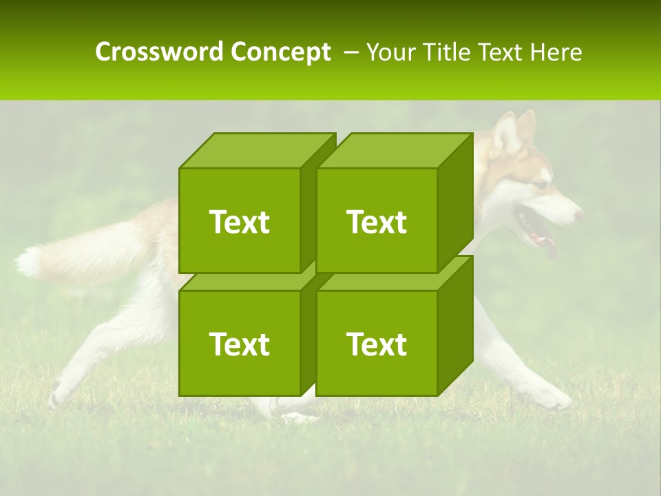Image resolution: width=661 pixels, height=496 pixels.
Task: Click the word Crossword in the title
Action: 160,52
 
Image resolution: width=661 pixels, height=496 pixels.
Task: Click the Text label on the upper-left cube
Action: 239,222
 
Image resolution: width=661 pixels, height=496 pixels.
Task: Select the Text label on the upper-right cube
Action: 376,222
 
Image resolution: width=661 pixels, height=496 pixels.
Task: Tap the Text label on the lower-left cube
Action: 239,344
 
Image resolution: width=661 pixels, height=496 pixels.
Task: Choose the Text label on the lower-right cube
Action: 376,344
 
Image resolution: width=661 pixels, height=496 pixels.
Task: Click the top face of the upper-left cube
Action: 256,151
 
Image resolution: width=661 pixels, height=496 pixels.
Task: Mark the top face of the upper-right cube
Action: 394,151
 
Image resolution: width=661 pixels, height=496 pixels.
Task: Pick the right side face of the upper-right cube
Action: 455,201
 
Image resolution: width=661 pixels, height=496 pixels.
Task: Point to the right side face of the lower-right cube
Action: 455,324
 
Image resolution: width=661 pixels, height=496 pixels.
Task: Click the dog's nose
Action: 578,214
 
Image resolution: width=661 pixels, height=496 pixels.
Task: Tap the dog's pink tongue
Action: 550,249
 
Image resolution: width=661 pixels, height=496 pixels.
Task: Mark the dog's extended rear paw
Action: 58,393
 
